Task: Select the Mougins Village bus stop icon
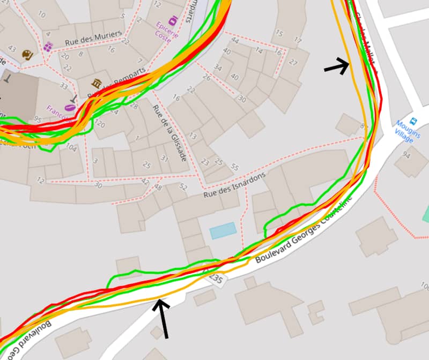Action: pos(413,121)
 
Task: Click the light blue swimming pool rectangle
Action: pos(223,230)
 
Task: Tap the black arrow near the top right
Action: pos(337,66)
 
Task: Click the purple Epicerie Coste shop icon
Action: pos(173,20)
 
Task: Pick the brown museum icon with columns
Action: pos(97,82)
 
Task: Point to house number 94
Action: pos(406,155)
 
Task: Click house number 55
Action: pos(234,167)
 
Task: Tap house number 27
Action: pos(293,62)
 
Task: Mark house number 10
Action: pos(42,14)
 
